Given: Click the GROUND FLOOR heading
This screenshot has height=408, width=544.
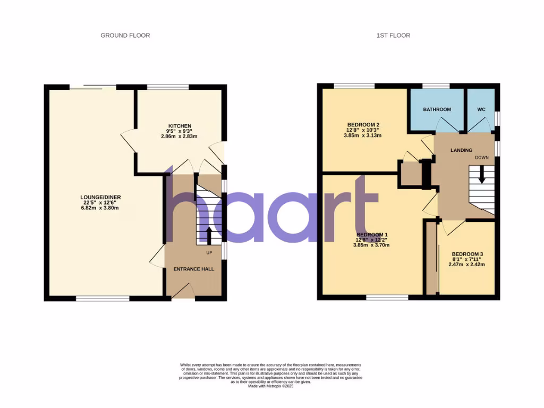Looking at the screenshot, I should pyautogui.click(x=125, y=36).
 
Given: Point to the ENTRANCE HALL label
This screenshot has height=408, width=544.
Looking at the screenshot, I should pyautogui.click(x=194, y=269).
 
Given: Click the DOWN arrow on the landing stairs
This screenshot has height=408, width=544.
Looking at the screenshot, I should pyautogui.click(x=482, y=175).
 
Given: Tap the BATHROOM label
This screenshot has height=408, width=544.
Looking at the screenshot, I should pyautogui.click(x=437, y=109).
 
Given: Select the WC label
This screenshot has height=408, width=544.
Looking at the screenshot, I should pyautogui.click(x=481, y=109).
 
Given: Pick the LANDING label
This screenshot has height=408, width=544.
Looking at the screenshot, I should pyautogui.click(x=461, y=150).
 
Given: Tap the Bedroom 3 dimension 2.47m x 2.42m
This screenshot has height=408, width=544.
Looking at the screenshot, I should pyautogui.click(x=467, y=264).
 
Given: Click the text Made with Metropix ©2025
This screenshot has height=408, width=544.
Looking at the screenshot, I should pyautogui.click(x=271, y=386).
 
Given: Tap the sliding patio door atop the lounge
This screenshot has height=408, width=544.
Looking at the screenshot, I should pyautogui.click(x=93, y=87).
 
